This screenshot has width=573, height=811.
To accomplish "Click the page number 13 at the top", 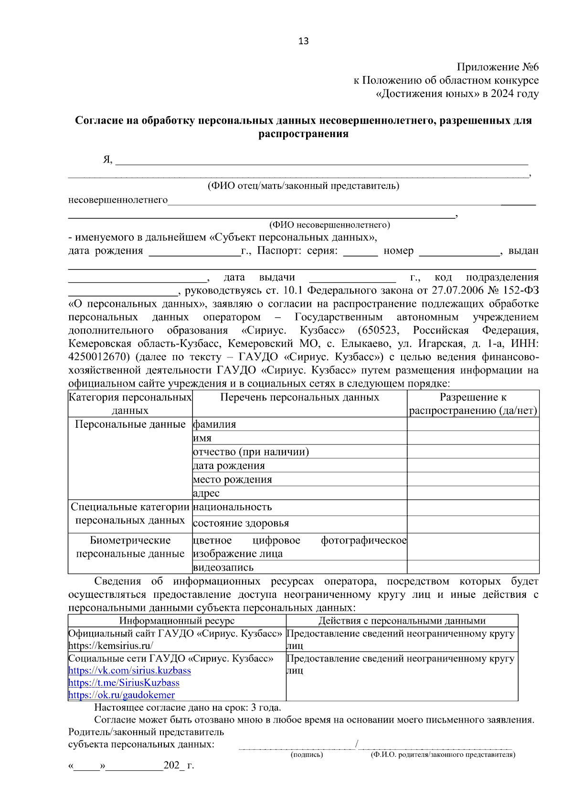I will [303, 41].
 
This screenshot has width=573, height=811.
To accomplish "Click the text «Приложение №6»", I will [498, 67].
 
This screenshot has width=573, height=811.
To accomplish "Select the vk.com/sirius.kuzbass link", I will [129, 670].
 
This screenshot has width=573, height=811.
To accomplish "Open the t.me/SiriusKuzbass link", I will [124, 683].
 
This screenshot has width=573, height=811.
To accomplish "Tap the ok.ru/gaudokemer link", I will [121, 695].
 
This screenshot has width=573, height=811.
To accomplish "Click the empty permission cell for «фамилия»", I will [473, 424].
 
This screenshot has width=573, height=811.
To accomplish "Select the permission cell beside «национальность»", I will [473, 508].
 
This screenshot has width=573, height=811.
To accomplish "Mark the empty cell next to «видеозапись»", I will [473, 567].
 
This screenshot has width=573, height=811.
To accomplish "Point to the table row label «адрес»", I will [206, 493].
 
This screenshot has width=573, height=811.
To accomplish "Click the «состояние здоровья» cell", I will [241, 523].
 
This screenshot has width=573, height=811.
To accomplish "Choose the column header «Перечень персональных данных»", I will [299, 398].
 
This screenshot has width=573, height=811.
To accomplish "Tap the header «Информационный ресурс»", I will [177, 621].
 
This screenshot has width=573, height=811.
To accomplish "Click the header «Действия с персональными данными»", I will [402, 621].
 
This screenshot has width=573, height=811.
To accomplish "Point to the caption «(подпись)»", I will [307, 755].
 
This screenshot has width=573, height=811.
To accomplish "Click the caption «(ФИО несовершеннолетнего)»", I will [329, 225].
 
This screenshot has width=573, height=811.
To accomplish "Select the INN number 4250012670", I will [99, 357].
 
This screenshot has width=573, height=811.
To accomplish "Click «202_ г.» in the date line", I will [179, 765].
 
